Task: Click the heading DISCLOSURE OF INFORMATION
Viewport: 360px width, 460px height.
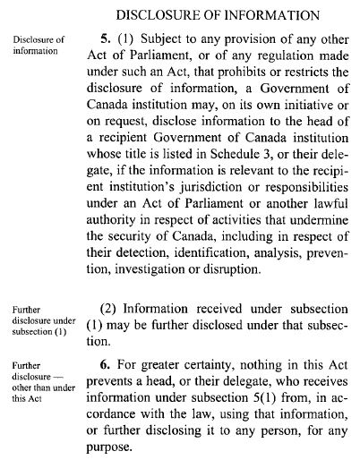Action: click(x=219, y=15)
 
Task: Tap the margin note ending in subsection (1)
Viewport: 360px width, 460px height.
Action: click(x=37, y=319)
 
